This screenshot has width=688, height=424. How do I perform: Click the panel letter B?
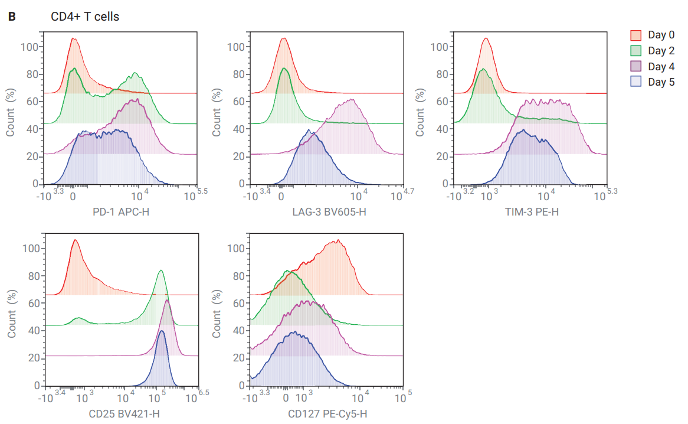tap(11, 17)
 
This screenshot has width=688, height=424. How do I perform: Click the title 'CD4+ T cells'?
tap(85, 17)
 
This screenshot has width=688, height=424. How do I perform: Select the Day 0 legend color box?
tap(636, 35)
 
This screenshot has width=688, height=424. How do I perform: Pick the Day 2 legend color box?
tap(636, 50)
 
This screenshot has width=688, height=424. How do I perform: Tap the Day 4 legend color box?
tap(636, 66)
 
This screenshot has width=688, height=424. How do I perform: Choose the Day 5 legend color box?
tap(636, 82)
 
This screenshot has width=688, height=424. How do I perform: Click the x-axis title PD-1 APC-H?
tap(121, 211)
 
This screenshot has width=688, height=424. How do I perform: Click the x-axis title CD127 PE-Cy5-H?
tap(327, 413)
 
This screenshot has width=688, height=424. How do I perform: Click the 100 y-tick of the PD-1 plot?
tap(29, 47)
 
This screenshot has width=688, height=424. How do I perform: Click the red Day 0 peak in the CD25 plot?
tap(75, 240)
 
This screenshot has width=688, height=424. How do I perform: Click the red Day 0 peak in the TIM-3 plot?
tap(486, 38)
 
